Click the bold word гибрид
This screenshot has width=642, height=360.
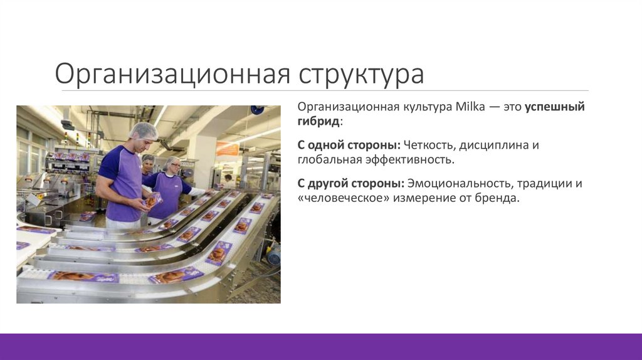319,120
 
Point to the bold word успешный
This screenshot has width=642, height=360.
555,107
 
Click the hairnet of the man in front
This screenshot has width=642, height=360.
142,130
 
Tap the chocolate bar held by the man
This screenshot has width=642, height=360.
151,201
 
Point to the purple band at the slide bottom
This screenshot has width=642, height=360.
321,346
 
